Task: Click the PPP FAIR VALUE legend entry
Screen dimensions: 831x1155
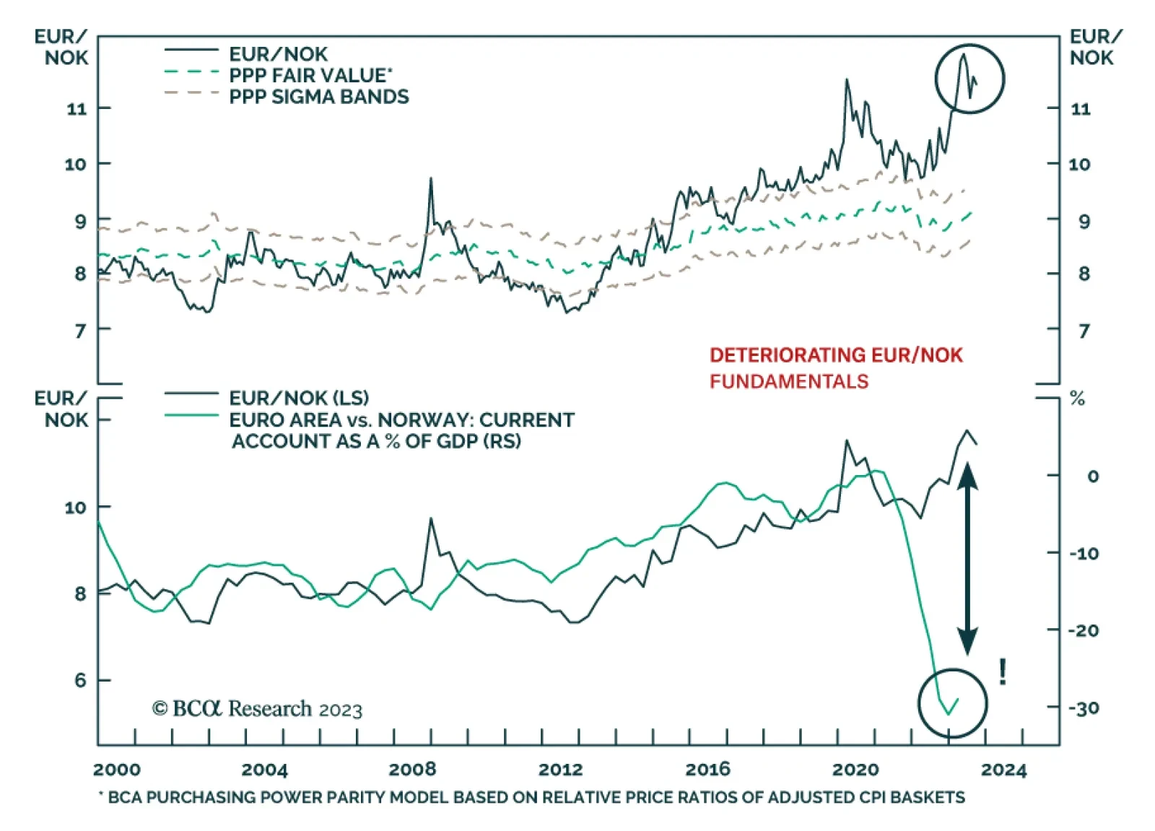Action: pos(310,75)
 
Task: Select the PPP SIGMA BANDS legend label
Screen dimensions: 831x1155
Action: pos(318,97)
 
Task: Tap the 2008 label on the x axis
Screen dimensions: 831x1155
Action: pos(411,770)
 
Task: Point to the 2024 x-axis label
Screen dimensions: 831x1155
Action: pos(1003,770)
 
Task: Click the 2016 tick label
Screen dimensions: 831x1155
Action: pos(707,770)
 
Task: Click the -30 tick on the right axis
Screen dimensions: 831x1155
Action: pos(1084,708)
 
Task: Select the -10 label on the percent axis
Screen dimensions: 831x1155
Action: pos(1084,554)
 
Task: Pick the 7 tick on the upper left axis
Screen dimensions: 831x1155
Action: pos(79,331)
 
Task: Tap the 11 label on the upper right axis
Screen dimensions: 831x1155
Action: pos(1080,109)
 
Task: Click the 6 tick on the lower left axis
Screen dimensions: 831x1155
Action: pos(79,681)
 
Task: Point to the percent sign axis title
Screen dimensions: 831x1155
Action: pos(1077,399)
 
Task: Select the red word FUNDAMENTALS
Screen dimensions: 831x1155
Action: pos(788,381)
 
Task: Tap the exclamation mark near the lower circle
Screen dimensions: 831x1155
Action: pos(1003,672)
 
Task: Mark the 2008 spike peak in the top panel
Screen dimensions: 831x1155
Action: pos(431,178)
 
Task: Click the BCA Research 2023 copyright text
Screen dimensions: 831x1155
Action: pos(257,709)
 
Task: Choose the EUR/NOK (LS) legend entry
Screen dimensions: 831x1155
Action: pos(298,398)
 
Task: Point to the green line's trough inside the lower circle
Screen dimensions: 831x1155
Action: pos(949,714)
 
